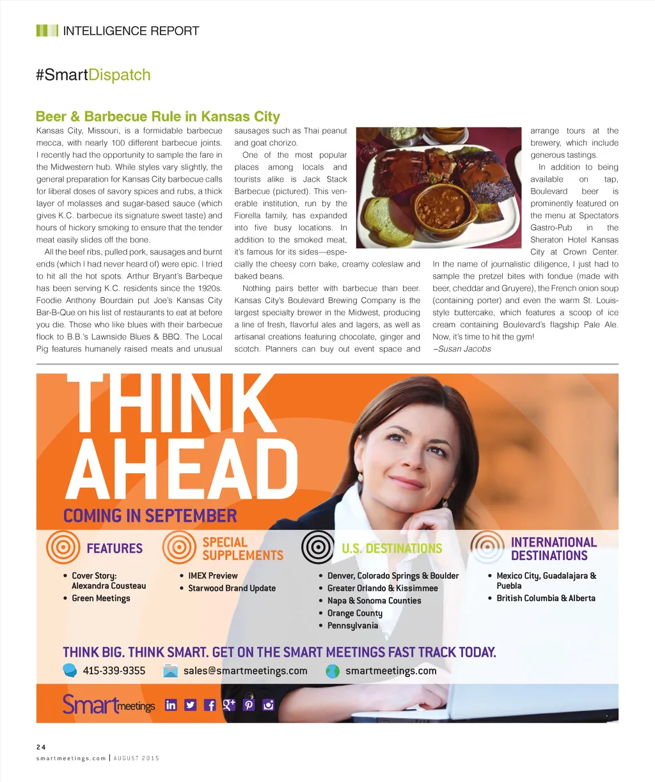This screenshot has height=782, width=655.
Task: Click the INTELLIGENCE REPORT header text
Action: point(130,31)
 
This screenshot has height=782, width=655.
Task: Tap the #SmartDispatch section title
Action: point(93,75)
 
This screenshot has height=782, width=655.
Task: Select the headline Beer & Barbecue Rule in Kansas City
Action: point(158,116)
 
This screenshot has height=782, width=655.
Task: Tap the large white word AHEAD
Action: point(182,469)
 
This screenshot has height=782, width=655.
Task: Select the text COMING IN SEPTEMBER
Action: point(150,516)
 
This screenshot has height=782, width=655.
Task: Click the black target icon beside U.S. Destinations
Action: point(317,547)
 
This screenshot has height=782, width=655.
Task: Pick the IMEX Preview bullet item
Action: point(212,575)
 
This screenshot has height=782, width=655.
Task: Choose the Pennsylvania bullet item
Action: point(352,625)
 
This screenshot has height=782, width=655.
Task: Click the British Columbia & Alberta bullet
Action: point(546,598)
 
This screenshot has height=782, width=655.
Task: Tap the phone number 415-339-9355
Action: point(114,671)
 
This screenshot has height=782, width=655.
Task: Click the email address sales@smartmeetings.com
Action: point(245,671)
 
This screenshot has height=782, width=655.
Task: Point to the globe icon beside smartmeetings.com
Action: point(333,671)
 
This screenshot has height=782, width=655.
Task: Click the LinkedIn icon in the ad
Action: point(171,705)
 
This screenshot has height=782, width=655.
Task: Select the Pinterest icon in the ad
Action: point(249,705)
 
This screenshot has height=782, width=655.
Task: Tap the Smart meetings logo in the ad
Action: point(109,704)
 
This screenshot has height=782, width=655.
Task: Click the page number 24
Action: point(41,747)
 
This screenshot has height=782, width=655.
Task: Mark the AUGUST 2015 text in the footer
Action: point(136,758)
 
